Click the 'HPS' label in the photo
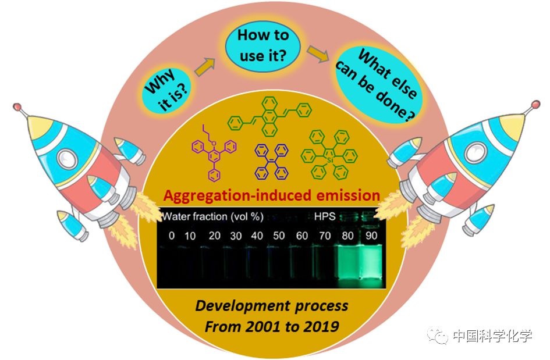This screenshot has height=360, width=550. [324, 218]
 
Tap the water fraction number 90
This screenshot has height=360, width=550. [371, 236]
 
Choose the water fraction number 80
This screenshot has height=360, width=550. [346, 236]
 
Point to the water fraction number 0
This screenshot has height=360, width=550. [171, 236]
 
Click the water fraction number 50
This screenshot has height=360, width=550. [279, 236]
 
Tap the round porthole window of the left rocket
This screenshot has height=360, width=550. [69, 157]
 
